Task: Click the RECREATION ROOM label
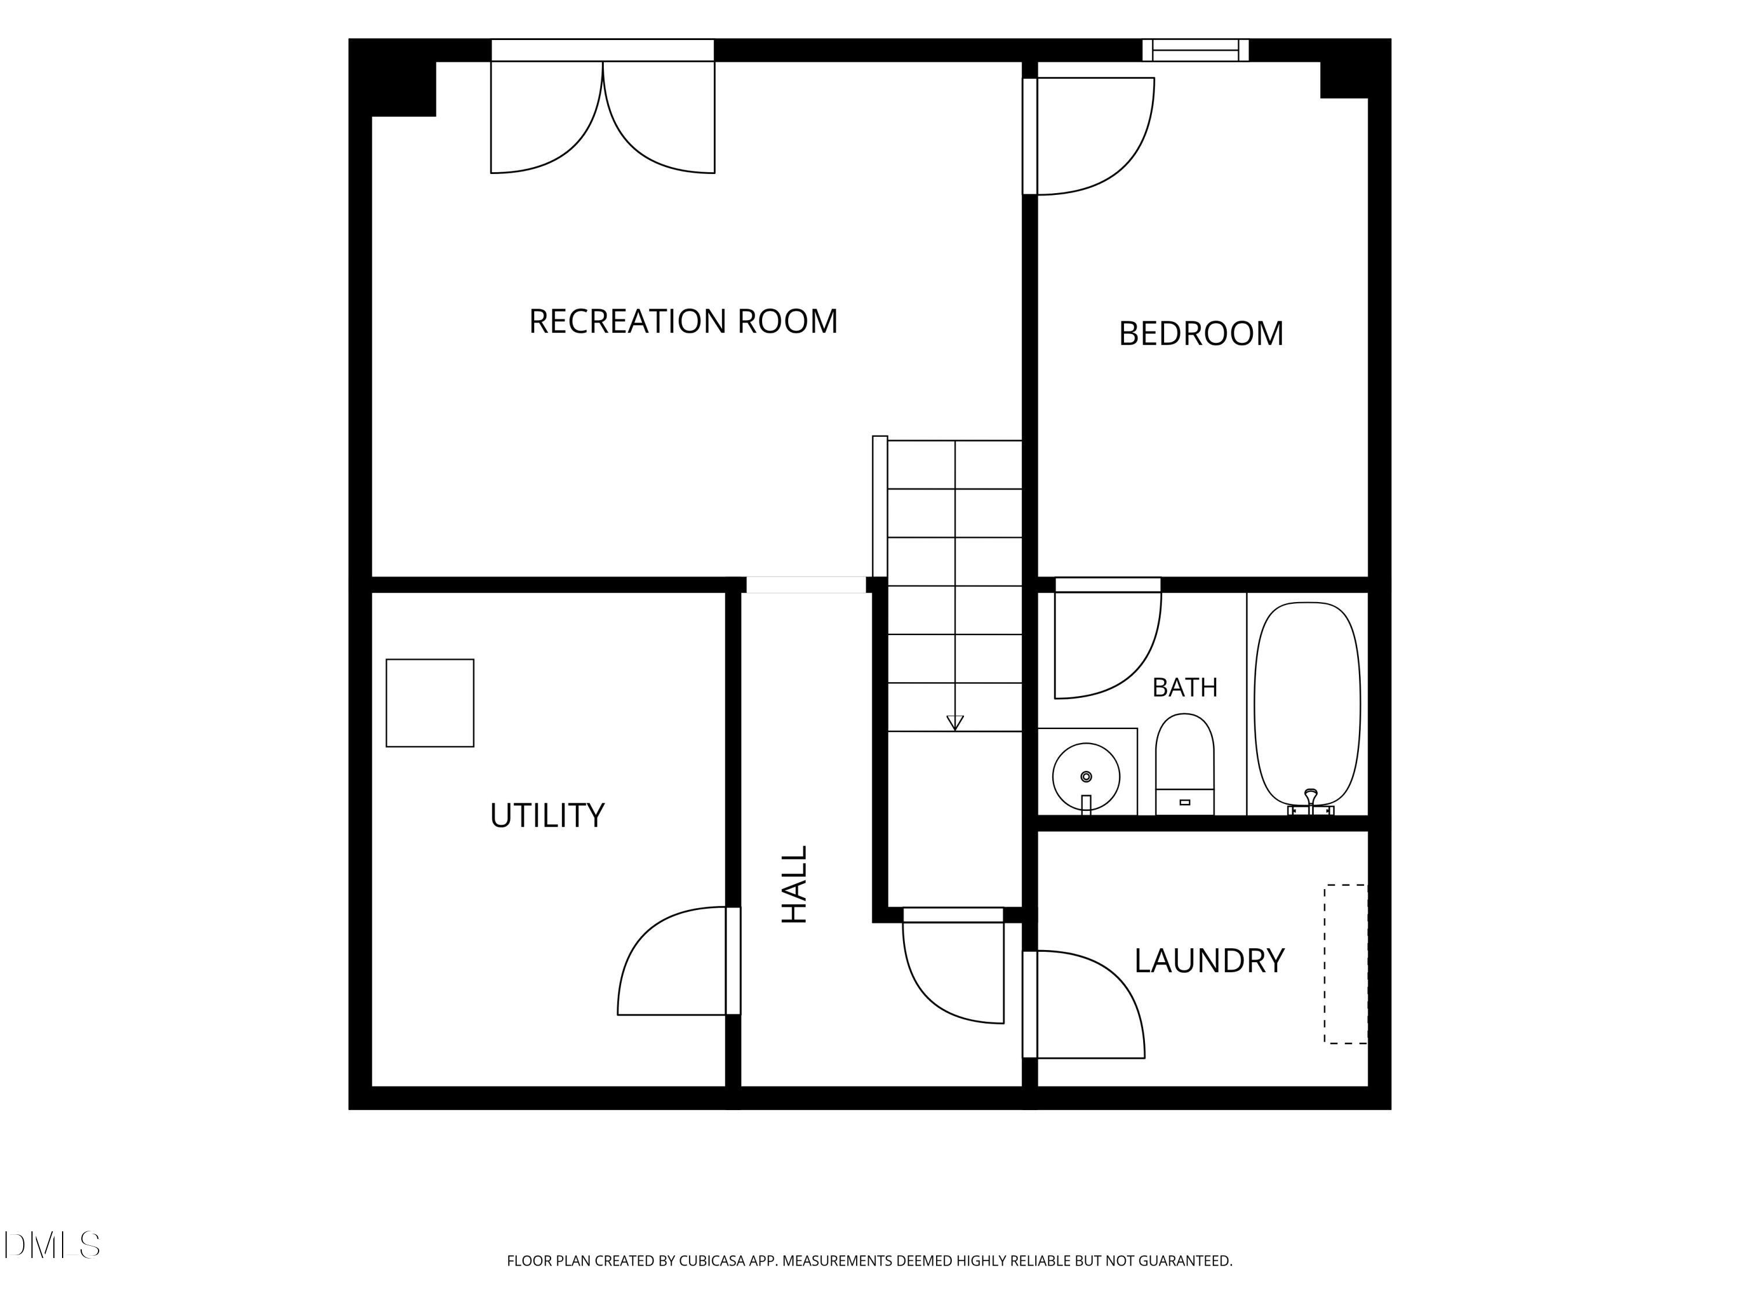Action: (683, 321)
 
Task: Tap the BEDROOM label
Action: (1201, 333)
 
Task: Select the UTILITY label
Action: (547, 815)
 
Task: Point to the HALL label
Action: (795, 884)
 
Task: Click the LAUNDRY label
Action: (1209, 960)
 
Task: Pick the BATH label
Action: (1184, 687)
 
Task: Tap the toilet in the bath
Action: (1184, 764)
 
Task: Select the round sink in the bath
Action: (1086, 777)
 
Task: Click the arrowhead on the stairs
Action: (955, 722)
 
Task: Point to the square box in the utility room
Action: (430, 702)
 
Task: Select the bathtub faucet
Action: (1310, 801)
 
